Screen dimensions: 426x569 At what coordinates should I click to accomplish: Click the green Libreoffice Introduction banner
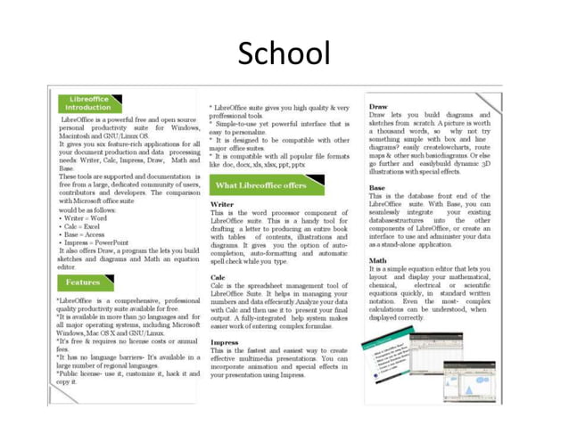89,102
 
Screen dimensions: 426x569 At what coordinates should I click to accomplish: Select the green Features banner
83,282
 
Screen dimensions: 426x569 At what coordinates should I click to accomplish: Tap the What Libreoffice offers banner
260,184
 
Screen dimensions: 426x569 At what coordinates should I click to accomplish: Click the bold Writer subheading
222,204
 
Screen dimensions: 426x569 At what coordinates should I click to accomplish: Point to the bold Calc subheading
219,277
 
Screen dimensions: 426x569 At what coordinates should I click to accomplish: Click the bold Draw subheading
378,106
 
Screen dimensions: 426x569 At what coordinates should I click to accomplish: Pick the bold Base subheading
377,188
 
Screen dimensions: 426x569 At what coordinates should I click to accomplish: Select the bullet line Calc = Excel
82,226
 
